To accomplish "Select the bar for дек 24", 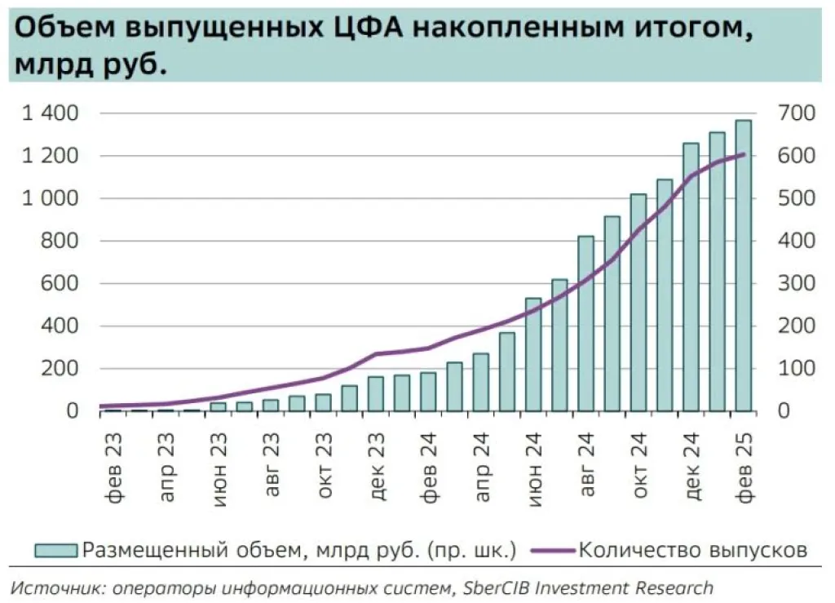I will click(691, 277).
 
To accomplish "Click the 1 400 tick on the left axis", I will click(50, 113).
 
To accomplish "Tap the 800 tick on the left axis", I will click(61, 242).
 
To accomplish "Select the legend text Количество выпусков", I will click(693, 550).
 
